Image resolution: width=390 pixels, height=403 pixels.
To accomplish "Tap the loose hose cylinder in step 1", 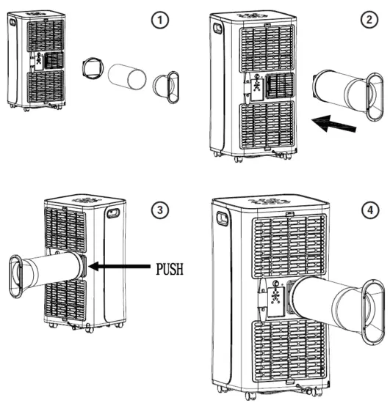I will pyautogui.click(x=127, y=76).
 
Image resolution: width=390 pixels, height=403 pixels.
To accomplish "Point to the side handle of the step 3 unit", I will pyautogui.click(x=113, y=214).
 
